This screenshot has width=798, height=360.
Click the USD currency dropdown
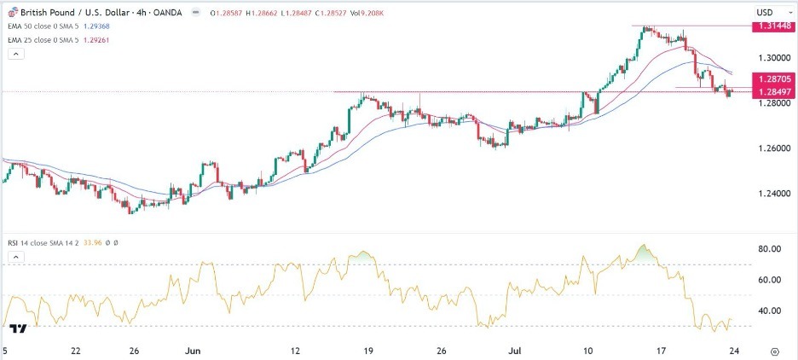769,12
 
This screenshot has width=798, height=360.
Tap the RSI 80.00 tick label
770,249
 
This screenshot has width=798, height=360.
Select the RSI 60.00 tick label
770,280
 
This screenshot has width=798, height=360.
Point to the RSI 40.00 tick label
770,311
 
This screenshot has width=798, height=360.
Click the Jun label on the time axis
192,350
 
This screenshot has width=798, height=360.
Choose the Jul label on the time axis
513,350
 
